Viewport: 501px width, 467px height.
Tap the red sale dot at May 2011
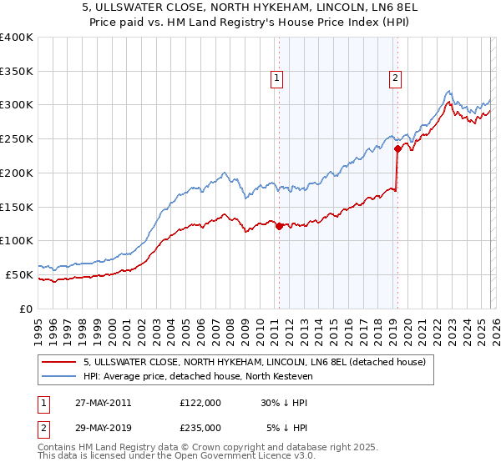click(x=279, y=225)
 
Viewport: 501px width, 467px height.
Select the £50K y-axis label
click(x=20, y=274)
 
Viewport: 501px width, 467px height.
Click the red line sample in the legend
click(x=60, y=363)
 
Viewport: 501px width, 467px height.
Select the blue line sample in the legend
click(x=60, y=377)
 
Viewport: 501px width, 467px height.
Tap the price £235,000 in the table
click(x=200, y=427)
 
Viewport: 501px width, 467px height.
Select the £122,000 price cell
click(x=200, y=402)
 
